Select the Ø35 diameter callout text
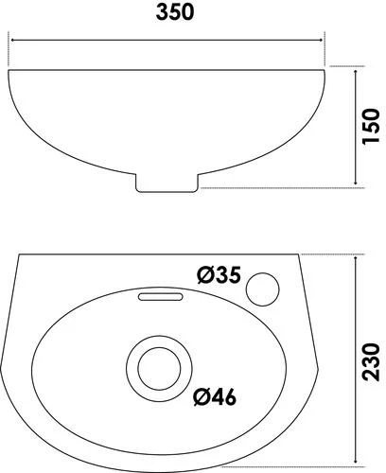coord(220,276)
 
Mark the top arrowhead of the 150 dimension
coord(356,69)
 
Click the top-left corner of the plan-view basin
coord(18,255)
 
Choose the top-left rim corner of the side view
coord(9,67)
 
